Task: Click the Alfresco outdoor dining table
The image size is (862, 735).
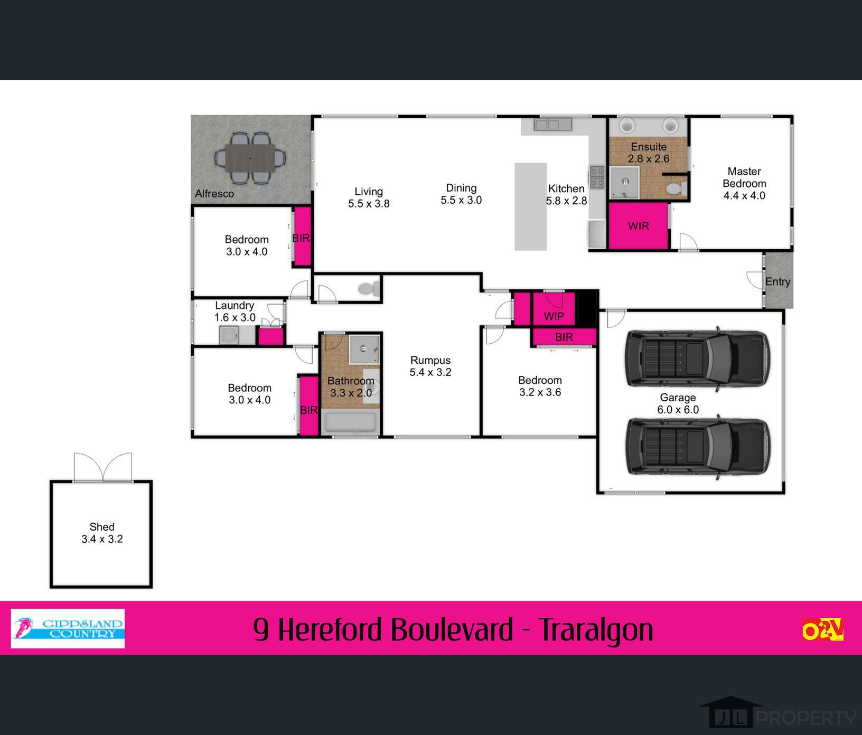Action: [250, 158]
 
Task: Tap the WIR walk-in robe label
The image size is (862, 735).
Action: [639, 226]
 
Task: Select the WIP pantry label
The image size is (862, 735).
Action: [554, 316]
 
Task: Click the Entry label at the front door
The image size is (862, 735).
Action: [777, 282]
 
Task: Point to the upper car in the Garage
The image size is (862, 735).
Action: [697, 359]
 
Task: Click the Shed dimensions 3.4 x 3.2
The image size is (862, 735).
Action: [102, 539]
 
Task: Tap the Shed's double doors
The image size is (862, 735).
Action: [102, 467]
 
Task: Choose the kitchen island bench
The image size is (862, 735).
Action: [530, 206]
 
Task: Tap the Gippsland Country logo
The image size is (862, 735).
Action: [68, 628]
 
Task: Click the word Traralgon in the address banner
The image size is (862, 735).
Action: [596, 629]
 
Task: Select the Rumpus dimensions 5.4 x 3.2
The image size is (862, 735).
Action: [430, 372]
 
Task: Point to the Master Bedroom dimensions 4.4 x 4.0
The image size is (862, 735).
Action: [744, 195]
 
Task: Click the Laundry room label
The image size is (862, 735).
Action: [235, 305]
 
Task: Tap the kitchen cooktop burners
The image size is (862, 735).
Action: [597, 177]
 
